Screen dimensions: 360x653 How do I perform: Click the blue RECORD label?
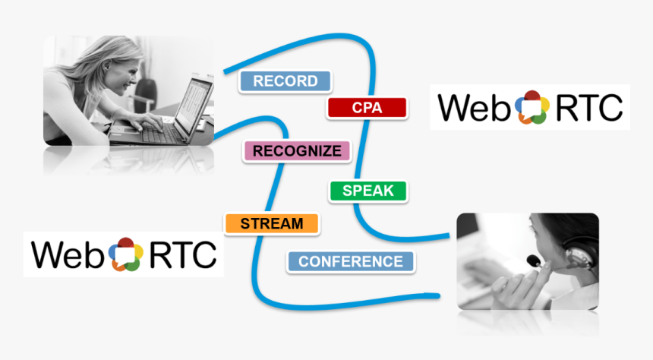pyautogui.click(x=285, y=81)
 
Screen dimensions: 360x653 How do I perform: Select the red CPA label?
pyautogui.click(x=367, y=108)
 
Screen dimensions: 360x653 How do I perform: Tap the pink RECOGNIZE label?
pyautogui.click(x=297, y=151)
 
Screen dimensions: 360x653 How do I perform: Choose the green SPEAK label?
pyautogui.click(x=368, y=191)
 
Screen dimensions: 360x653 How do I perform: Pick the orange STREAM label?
pyautogui.click(x=271, y=224)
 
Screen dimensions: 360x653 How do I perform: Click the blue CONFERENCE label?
pyautogui.click(x=350, y=262)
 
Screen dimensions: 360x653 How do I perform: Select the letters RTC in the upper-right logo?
pyautogui.click(x=590, y=108)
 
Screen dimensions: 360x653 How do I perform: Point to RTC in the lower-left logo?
pyautogui.click(x=182, y=255)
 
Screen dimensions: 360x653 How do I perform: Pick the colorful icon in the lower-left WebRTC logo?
pyautogui.click(x=125, y=254)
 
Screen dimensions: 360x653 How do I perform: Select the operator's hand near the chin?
pyautogui.click(x=516, y=285)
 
